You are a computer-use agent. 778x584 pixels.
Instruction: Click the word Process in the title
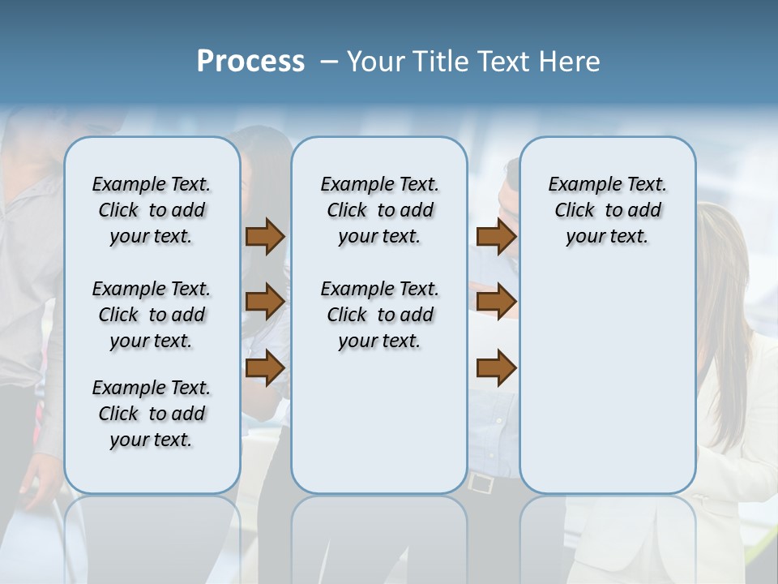pyautogui.click(x=250, y=62)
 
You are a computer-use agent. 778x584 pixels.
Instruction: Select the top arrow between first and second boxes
pyautogui.click(x=265, y=237)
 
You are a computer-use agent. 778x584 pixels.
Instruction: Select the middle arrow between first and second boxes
pyautogui.click(x=265, y=302)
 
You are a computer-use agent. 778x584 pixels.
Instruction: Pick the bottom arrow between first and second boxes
pyautogui.click(x=265, y=367)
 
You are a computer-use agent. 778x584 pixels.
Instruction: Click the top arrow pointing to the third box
pyautogui.click(x=496, y=237)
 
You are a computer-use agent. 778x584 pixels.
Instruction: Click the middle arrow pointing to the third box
pyautogui.click(x=496, y=302)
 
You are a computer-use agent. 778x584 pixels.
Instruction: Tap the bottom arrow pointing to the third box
pyautogui.click(x=496, y=367)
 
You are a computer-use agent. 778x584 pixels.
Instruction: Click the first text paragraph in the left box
pyautogui.click(x=152, y=210)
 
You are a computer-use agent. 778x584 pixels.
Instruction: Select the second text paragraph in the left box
pyautogui.click(x=152, y=315)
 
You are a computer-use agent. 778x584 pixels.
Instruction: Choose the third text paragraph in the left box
pyautogui.click(x=152, y=414)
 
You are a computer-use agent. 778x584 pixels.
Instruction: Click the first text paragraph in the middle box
pyautogui.click(x=380, y=210)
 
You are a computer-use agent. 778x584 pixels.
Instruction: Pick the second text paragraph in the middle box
pyautogui.click(x=380, y=315)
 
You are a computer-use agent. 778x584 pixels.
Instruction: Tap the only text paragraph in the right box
pyautogui.click(x=608, y=210)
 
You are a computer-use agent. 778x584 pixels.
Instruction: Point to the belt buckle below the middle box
pyautogui.click(x=481, y=483)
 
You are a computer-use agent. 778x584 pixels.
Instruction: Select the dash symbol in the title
pyautogui.click(x=329, y=62)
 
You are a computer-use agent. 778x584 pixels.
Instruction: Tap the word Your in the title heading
pyautogui.click(x=374, y=62)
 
